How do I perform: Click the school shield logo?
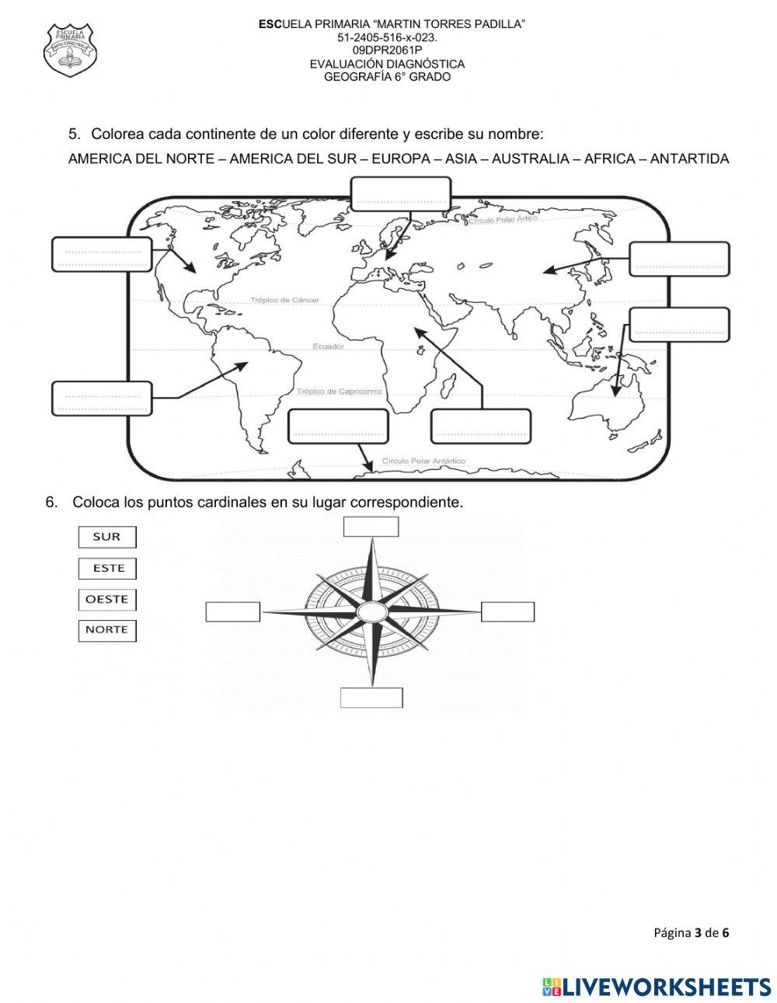[x=71, y=50]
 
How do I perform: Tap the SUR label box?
[x=107, y=537]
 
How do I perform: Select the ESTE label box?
[x=107, y=569]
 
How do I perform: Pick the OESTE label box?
[x=107, y=600]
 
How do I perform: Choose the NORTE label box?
[x=107, y=630]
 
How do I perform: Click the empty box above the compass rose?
[x=371, y=527]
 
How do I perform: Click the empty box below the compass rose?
[x=371, y=698]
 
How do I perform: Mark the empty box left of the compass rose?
[x=232, y=611]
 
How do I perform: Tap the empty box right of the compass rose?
[x=507, y=611]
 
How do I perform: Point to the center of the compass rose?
[x=371, y=611]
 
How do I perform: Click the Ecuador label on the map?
[x=328, y=347]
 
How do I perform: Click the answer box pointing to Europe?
[x=400, y=193]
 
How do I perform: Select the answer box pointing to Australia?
[x=679, y=325]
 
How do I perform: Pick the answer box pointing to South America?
[x=102, y=398]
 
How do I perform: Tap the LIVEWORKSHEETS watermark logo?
[x=657, y=987]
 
